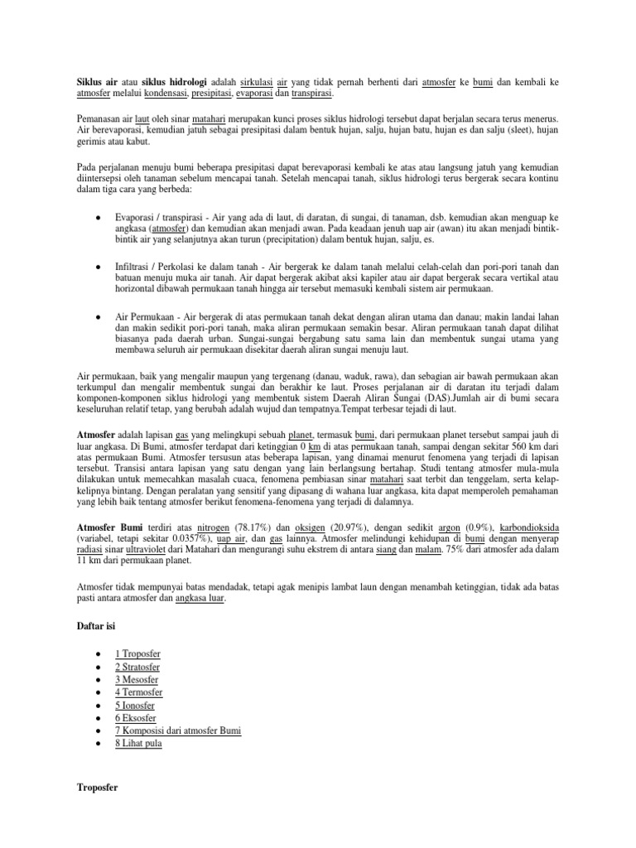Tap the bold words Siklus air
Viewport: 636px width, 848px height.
coord(90,84)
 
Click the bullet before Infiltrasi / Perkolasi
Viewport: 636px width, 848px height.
coord(99,267)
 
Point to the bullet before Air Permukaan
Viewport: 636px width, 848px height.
coord(99,316)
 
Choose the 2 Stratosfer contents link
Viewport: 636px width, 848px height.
coord(137,667)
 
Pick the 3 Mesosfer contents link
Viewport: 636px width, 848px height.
coord(137,680)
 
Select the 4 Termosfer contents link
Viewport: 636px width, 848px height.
coord(138,692)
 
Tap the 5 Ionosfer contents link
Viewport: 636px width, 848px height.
coord(136,706)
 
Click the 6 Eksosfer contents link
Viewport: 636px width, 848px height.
coord(135,718)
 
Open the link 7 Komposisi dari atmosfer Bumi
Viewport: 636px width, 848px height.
coord(178,731)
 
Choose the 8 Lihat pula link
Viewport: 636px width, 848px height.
coord(138,744)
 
